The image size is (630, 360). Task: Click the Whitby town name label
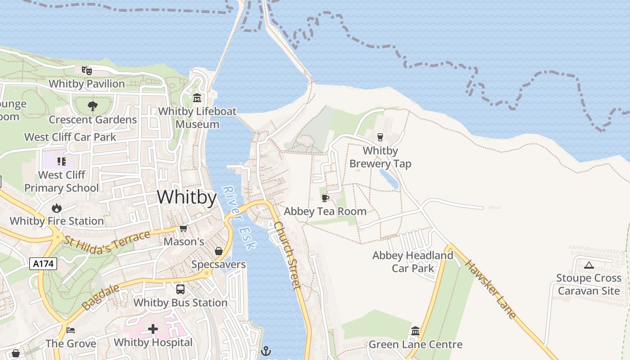tap(187, 197)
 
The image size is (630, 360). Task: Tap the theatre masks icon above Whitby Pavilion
tap(86, 70)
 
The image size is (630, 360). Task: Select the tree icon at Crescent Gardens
tap(93, 106)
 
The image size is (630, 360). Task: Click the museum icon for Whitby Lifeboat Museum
tap(197, 98)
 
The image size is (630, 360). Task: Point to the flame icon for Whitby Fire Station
tap(56, 208)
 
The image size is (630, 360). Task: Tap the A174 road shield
tap(44, 264)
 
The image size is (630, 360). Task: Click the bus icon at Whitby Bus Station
tap(180, 289)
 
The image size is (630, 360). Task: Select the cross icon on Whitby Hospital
tap(153, 329)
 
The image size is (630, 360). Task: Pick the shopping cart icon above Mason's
tap(183, 229)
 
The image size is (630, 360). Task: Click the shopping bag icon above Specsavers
tap(218, 251)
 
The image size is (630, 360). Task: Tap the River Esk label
tap(239, 218)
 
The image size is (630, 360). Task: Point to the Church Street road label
tap(287, 255)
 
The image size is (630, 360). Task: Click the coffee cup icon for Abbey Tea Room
tap(325, 198)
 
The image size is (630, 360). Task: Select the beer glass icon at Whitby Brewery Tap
tap(380, 137)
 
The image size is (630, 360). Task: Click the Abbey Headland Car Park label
tap(413, 262)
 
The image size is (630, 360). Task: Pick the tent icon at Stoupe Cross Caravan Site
tap(589, 265)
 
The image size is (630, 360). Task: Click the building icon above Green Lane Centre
tap(415, 331)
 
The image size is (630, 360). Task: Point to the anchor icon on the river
tap(266, 350)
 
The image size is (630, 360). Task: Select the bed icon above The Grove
tap(71, 330)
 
